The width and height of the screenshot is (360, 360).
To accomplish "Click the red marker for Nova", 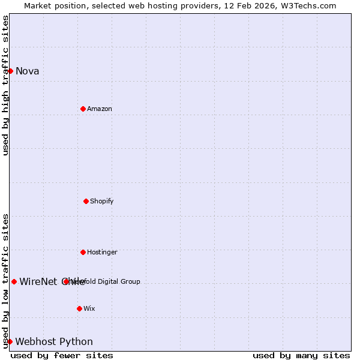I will point(10,71).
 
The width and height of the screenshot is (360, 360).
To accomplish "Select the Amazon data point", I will point(83,109).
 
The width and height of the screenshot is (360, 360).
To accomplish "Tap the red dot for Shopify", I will point(86,201).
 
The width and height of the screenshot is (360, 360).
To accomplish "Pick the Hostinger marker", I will point(83,252).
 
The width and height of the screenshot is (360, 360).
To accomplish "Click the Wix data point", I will point(79,308).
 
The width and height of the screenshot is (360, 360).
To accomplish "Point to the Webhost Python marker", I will point(10,341).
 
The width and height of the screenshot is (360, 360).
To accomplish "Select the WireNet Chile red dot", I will point(14,281).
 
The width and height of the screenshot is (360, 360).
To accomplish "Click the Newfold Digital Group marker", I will point(66,281).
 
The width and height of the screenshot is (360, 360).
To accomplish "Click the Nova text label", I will point(28,71).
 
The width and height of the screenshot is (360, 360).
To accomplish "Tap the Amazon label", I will point(100,109).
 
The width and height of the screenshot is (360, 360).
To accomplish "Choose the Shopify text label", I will point(102,201).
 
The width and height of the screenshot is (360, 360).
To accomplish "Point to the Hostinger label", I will point(102,252).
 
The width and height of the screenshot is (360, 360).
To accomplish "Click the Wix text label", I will point(89,308).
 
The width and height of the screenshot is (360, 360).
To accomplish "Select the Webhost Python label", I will point(54,341).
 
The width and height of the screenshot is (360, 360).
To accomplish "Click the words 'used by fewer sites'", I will point(62,355).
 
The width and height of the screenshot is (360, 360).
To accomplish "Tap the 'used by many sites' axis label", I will point(301,355).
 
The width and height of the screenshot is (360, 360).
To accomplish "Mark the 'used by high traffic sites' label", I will point(5,85).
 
